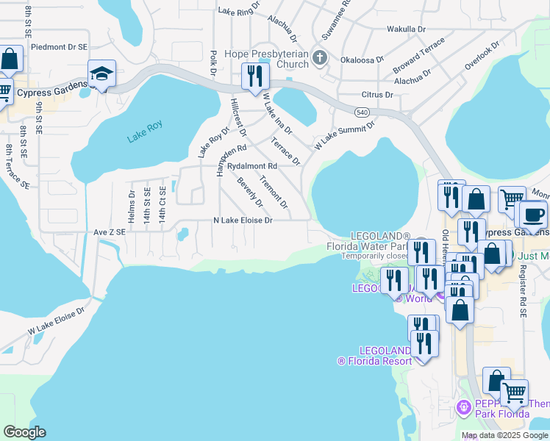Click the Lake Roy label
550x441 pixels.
144,126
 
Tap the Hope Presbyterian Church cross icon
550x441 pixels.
319,57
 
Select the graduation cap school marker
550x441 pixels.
101,73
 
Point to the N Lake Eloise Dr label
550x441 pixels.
243,220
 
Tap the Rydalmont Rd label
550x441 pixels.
251,167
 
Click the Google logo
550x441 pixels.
24,432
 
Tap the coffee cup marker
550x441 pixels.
533,214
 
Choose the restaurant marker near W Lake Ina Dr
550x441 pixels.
255,76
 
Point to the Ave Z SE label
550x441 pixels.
110,232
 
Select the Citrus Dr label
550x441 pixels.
378,95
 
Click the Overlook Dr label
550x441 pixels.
482,56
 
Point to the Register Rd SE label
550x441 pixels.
524,291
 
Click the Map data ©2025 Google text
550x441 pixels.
504,435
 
